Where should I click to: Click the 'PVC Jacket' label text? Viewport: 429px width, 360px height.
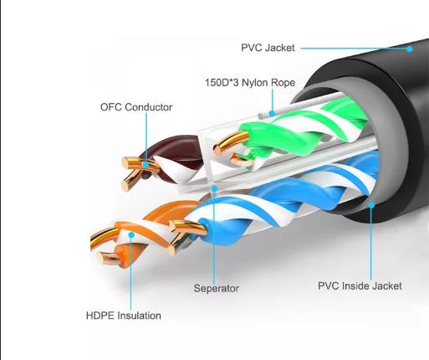[x=268, y=48]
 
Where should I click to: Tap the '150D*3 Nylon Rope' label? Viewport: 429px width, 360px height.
[x=250, y=83]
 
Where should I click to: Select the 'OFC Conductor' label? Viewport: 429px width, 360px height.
[x=136, y=107]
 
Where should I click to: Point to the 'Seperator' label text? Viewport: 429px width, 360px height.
[x=217, y=288]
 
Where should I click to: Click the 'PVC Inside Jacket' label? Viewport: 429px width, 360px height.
[x=360, y=285]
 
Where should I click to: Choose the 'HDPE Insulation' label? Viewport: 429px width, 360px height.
[x=124, y=316]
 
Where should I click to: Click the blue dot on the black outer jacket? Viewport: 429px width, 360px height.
[x=409, y=49]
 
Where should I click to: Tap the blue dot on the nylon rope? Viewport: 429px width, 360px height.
[x=272, y=113]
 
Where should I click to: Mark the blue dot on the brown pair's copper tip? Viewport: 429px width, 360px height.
[x=146, y=165]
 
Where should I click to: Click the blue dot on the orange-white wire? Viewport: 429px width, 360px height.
[x=131, y=235]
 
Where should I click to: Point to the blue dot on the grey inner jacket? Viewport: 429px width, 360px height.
[x=371, y=205]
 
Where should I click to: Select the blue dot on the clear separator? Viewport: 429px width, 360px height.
[x=214, y=188]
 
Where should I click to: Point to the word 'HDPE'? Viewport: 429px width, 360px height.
[x=100, y=316]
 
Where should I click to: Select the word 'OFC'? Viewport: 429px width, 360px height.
[x=111, y=107]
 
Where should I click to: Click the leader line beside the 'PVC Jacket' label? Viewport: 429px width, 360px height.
[x=354, y=49]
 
